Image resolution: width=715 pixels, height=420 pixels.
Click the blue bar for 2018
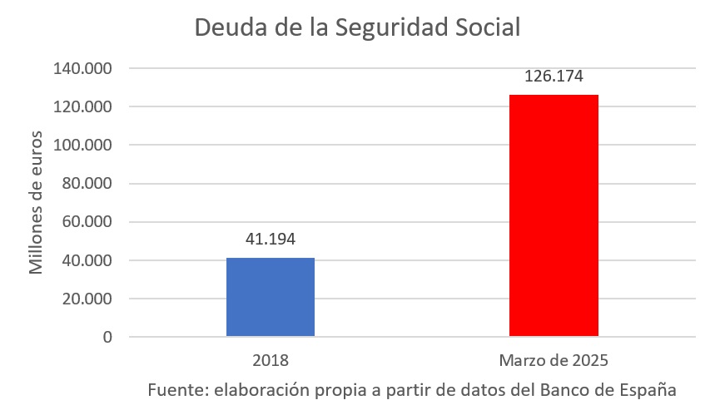pyautogui.click(x=271, y=297)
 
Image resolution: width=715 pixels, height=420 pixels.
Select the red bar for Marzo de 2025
pyautogui.click(x=554, y=215)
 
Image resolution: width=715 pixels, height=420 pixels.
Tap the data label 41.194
pyautogui.click(x=271, y=240)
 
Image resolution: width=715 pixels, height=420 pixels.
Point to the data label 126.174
pyautogui.click(x=554, y=77)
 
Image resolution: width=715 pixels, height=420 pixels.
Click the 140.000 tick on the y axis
pyautogui.click(x=82, y=68)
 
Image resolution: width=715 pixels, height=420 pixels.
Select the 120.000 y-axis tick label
pyautogui.click(x=82, y=106)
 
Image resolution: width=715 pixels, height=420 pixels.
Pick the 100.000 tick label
pyautogui.click(x=82, y=145)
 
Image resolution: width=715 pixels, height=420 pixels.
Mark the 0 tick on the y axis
pyautogui.click(x=107, y=337)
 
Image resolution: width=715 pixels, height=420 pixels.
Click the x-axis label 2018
pyautogui.click(x=271, y=361)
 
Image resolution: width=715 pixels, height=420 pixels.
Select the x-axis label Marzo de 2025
pyautogui.click(x=554, y=361)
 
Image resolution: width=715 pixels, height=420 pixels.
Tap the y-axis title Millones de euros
pyautogui.click(x=37, y=202)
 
